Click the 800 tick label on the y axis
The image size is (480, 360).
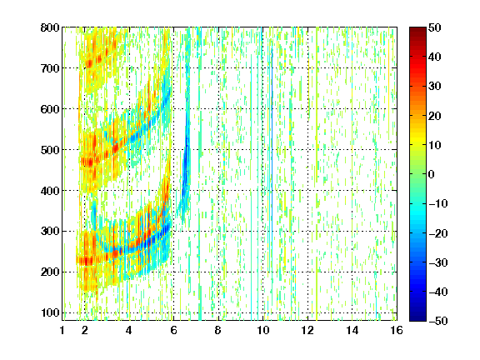tap(50, 27)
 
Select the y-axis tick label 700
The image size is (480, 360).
tap(50, 68)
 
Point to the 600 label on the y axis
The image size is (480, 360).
tap(50, 109)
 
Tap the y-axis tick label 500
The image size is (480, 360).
tap(50, 150)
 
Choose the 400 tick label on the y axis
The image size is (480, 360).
tap(50, 191)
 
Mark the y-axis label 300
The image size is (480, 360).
tap(50, 232)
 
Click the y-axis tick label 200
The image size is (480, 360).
tap(50, 272)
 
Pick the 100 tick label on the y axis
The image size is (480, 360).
tap(50, 312)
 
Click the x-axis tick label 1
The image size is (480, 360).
tap(62, 330)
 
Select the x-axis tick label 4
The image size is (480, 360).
tap(129, 330)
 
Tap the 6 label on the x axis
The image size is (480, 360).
tap(173, 330)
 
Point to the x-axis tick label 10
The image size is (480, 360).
tap(262, 330)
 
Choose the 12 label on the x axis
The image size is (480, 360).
tap(307, 330)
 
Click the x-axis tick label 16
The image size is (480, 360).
tap(397, 330)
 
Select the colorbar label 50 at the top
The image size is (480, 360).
tap(434, 27)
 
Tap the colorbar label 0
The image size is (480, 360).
tap(431, 174)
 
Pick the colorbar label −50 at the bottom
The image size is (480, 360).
tap(437, 321)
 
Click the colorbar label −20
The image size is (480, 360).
tap(437, 233)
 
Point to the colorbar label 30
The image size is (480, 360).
tap(434, 87)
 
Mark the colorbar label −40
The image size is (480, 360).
tap(437, 292)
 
